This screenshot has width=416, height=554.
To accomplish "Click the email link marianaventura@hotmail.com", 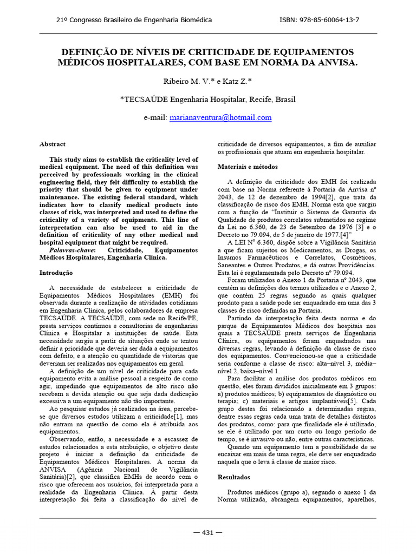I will click(x=220, y=117).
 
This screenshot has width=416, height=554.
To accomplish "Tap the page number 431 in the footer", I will click(x=207, y=532).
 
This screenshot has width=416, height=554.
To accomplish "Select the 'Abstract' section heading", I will click(x=53, y=144).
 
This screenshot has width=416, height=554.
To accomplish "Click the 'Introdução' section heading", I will click(x=56, y=273).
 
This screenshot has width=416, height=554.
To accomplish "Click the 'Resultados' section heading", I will click(x=233, y=478).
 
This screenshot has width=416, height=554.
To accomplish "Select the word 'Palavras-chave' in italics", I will click(x=72, y=251).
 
